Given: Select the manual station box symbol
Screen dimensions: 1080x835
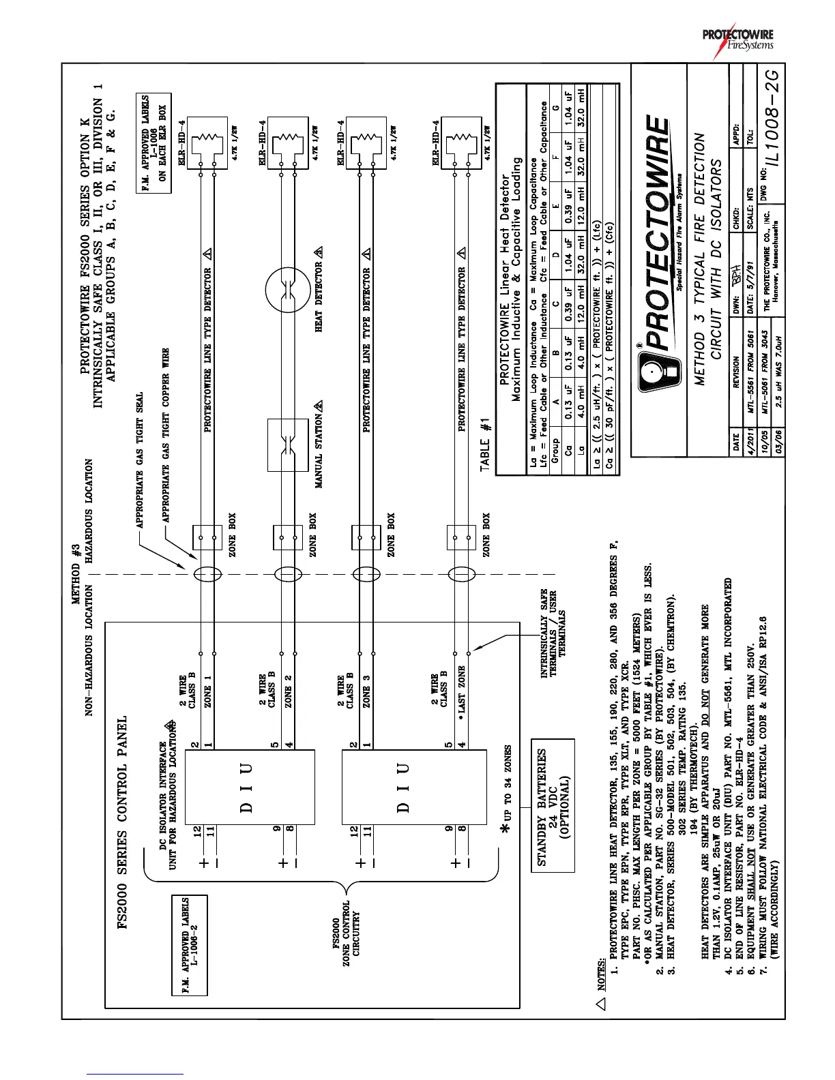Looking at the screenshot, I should point(288,444).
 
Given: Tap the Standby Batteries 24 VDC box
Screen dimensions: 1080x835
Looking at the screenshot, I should point(553,805).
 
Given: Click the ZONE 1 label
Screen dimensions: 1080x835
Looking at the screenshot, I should point(207,693).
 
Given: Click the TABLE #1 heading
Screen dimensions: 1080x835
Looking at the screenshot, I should point(486,444).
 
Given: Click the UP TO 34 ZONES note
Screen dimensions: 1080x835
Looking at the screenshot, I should point(506,794).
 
